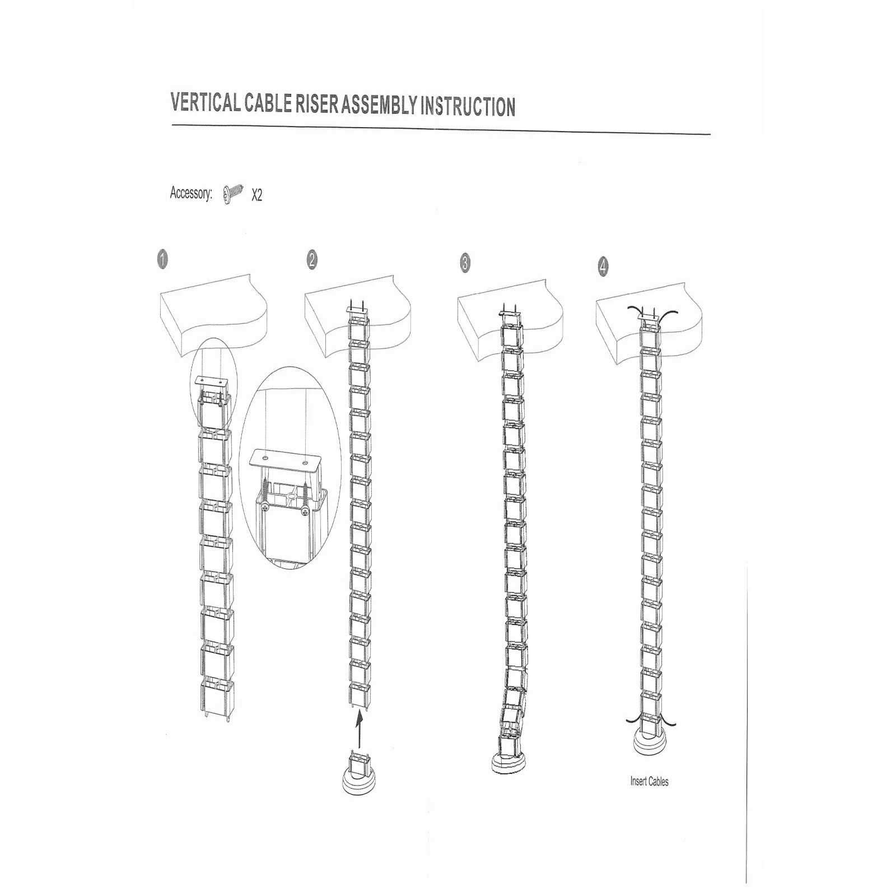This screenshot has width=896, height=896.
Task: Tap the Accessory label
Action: pyautogui.click(x=191, y=194)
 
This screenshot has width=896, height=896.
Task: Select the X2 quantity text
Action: pyautogui.click(x=256, y=195)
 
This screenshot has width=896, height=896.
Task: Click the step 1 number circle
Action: pyautogui.click(x=162, y=260)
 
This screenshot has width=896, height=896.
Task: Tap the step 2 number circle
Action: pyautogui.click(x=312, y=260)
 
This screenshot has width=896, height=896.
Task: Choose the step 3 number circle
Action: pyautogui.click(x=465, y=263)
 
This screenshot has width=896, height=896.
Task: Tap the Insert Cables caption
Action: pyautogui.click(x=649, y=781)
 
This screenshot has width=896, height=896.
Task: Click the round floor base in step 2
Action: pyautogui.click(x=359, y=782)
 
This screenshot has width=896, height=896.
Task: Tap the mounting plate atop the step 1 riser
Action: pyautogui.click(x=212, y=384)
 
